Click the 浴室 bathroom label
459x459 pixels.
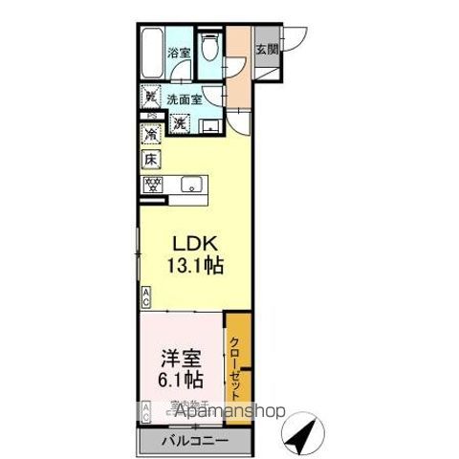click(179, 54)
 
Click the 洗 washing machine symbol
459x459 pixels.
click(180, 122)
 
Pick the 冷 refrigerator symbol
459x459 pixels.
click(150, 135)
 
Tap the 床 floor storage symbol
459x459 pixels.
click(150, 160)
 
